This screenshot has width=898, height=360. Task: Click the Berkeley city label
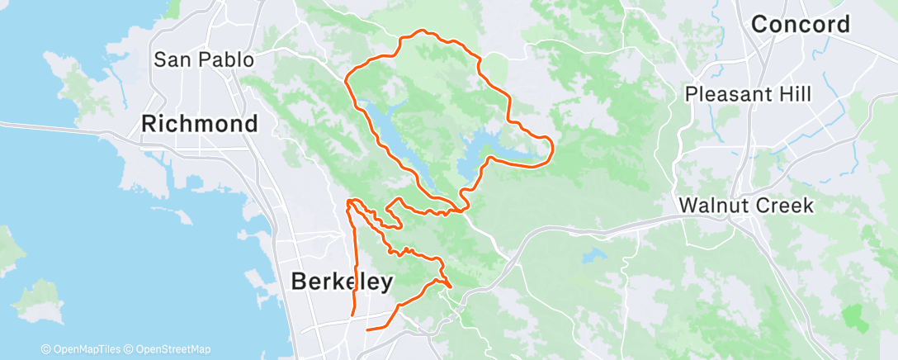click(342, 282)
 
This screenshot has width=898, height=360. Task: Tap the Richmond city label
click(199, 124)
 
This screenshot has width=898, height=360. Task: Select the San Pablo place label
click(204, 59)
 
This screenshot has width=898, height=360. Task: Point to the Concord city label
click(800, 24)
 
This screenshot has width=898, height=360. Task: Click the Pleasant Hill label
click(749, 94)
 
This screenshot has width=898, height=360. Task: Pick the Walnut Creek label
click(746, 205)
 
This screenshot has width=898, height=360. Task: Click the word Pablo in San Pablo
click(223, 59)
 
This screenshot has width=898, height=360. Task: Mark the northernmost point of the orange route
click(423, 31)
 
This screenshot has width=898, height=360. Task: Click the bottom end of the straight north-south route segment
click(353, 315)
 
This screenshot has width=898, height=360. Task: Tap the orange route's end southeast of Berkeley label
click(367, 329)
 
